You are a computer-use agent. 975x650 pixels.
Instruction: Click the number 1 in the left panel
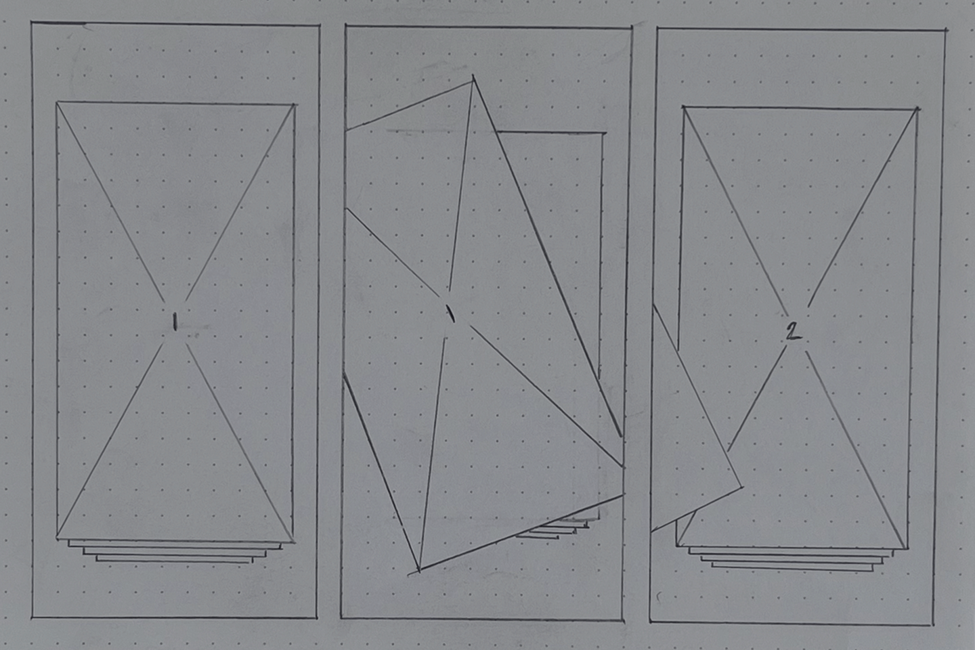(175, 322)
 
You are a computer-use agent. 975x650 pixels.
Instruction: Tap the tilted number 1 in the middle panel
(450, 313)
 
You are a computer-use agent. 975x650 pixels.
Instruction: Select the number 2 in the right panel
(793, 332)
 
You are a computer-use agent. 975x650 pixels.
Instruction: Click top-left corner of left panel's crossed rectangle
(57, 103)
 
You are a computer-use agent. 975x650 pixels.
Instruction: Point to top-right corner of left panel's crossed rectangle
(295, 104)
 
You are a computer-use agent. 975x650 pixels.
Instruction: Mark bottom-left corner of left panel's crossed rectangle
(57, 538)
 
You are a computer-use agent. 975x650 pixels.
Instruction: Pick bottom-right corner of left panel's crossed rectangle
(293, 542)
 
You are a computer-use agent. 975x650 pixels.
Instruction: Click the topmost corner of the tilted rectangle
(473, 77)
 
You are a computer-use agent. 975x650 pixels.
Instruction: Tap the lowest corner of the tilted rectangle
(418, 570)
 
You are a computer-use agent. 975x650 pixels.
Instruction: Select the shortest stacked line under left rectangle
(173, 561)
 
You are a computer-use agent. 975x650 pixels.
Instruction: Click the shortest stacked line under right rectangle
(792, 568)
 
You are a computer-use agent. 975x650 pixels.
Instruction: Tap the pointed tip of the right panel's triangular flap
(741, 487)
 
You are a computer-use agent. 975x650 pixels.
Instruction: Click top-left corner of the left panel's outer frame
(32, 22)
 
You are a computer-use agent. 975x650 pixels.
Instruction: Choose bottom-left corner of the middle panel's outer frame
(341, 617)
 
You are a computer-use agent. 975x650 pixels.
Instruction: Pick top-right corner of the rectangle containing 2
(917, 109)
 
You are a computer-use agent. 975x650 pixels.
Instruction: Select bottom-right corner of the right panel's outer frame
(932, 625)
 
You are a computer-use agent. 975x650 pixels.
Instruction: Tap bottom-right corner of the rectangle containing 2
(907, 548)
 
